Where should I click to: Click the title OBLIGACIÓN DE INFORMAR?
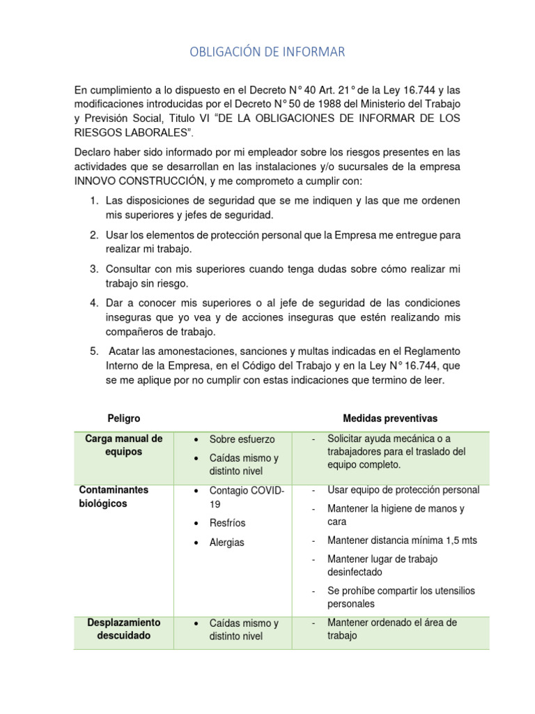[x=267, y=52]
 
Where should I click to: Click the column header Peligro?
[x=124, y=418]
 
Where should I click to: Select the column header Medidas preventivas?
[x=390, y=418]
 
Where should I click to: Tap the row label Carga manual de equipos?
[x=124, y=445]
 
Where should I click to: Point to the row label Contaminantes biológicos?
[x=114, y=496]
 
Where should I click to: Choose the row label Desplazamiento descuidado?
[x=124, y=629]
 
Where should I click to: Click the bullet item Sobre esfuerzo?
[x=242, y=440]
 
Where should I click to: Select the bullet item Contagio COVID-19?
[x=247, y=497]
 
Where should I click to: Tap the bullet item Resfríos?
[x=227, y=523]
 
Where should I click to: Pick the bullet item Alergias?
[x=226, y=542]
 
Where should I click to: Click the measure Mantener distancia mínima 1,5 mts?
[x=402, y=540]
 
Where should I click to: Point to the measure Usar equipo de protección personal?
[x=403, y=490]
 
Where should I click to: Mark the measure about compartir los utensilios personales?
[x=401, y=597]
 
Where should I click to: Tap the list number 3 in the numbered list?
[x=94, y=269]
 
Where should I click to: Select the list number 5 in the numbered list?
[x=94, y=350]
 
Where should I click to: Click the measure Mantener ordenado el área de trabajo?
[x=391, y=629]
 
